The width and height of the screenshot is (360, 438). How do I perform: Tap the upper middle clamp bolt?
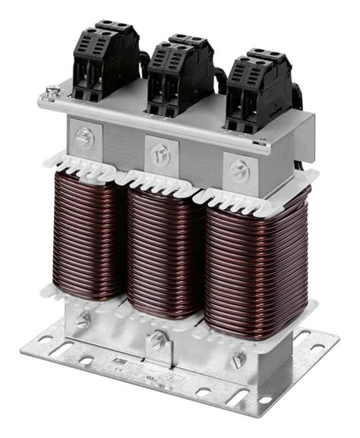coord(159,151)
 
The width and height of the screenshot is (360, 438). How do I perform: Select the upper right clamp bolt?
coord(238,169)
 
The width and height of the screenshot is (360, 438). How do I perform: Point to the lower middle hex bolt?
coord(157,339)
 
